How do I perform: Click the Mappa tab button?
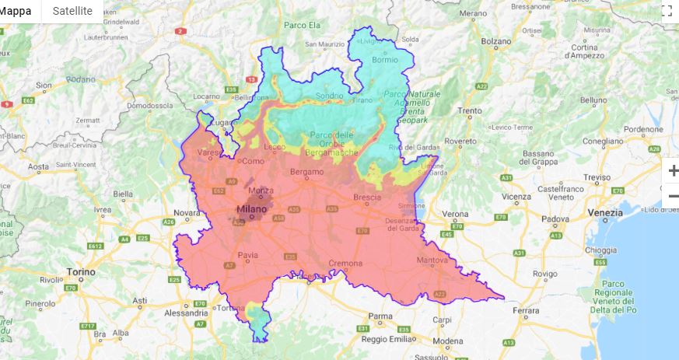tap(16, 11)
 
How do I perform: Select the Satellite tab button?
tap(72, 11)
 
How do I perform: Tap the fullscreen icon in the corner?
tap(667, 10)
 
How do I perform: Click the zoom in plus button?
tap(673, 171)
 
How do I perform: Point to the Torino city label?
tap(81, 272)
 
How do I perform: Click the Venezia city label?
tap(606, 212)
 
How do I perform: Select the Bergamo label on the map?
tap(306, 171)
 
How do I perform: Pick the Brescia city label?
tap(366, 197)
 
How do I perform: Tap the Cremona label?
tap(345, 263)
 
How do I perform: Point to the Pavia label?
tap(248, 254)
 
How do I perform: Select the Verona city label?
tap(455, 214)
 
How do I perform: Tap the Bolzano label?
tap(496, 41)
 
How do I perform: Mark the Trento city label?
tap(470, 111)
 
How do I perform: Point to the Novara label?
tap(187, 212)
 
